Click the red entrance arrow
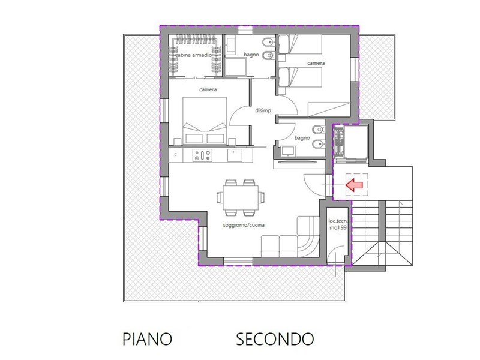click(354, 185)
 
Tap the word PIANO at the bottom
click(147, 339)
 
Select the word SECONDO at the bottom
click(275, 339)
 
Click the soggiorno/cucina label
click(244, 225)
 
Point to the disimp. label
click(263, 110)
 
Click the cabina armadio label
click(193, 55)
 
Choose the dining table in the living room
click(241, 197)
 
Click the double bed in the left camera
click(205, 121)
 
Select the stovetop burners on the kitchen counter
click(202, 155)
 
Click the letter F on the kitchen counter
click(175, 155)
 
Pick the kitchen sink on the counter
click(235, 155)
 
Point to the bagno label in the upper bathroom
click(251, 55)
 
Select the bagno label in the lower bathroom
click(302, 138)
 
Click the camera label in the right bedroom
click(316, 63)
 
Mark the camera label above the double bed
click(208, 89)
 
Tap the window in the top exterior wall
click(245, 30)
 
